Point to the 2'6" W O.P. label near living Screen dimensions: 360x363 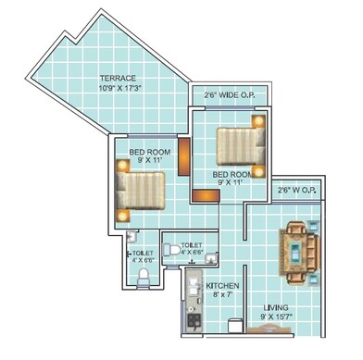tap(297, 191)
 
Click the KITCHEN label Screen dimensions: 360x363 tap(223, 285)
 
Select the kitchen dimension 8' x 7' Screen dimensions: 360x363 tap(223, 295)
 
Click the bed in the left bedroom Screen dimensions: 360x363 tap(142, 189)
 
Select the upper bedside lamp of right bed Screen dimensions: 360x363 tap(260, 120)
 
